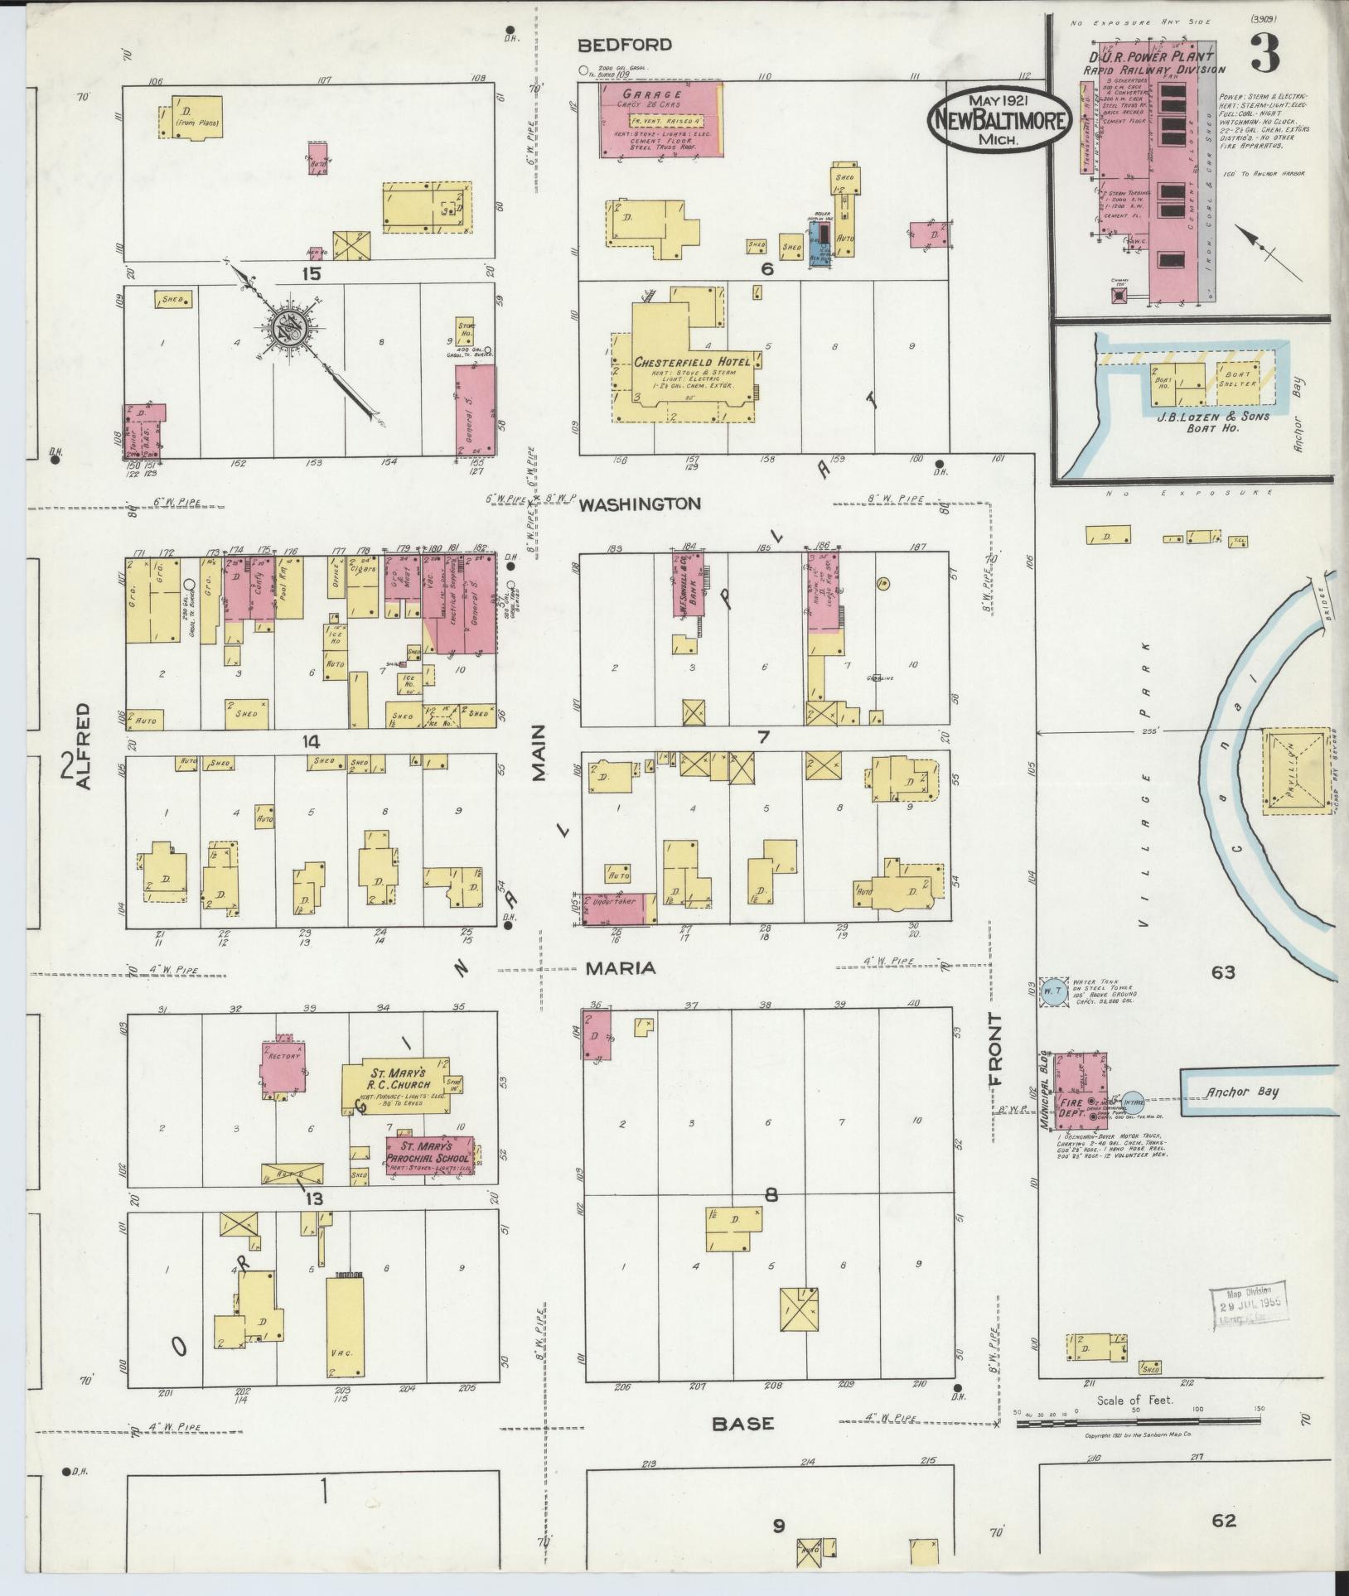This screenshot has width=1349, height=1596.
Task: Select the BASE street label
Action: pos(743,1424)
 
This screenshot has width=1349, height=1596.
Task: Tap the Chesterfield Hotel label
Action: pos(693,363)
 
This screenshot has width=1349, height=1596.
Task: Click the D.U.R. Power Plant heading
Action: pos(1153,57)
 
